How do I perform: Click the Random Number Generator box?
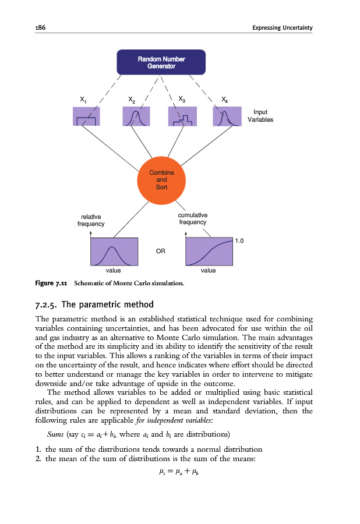161,62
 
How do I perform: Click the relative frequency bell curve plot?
114,252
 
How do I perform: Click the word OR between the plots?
161,252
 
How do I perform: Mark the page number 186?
41,27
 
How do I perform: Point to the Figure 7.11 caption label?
52,284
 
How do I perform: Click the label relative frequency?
91,220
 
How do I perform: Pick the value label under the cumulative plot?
208,271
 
